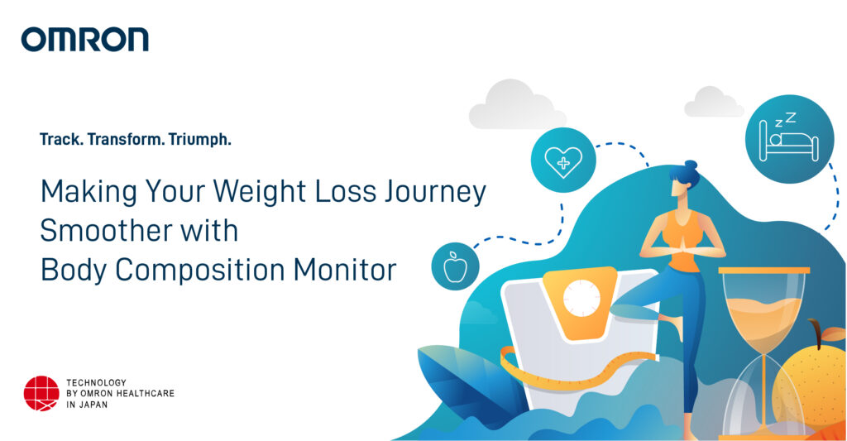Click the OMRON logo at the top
point(85,39)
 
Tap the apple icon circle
point(454,266)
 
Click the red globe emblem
point(41,394)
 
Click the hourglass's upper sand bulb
point(763,306)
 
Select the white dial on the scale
point(581,298)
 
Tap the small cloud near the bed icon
point(712,102)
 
